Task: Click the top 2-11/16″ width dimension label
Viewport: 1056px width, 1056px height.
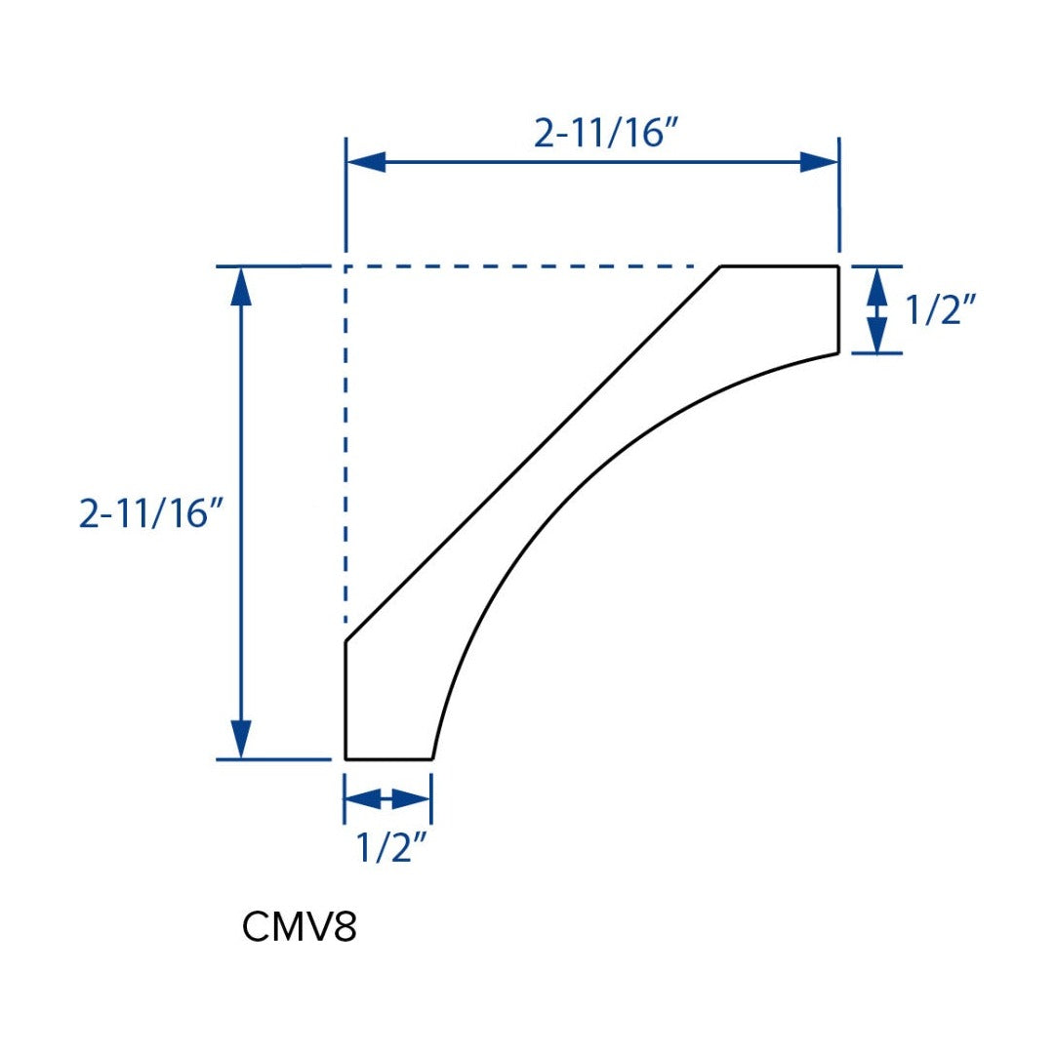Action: point(603,133)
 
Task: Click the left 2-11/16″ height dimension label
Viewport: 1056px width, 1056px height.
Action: point(149,514)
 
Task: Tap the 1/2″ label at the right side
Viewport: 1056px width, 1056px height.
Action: point(940,309)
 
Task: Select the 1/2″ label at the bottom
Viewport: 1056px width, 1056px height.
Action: point(391,847)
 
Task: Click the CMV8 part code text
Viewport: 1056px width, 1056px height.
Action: point(299,927)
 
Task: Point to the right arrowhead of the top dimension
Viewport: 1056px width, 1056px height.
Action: point(819,162)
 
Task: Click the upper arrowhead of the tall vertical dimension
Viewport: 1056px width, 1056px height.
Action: point(241,287)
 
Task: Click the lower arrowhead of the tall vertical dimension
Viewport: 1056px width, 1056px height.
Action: point(241,740)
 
